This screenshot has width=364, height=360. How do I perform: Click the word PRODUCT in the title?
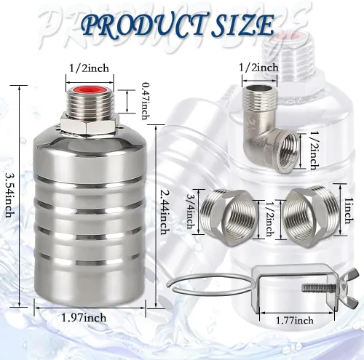(x=145, y=25)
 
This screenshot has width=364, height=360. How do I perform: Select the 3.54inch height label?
(x=10, y=195)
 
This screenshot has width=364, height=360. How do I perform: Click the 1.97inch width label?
(x=84, y=318)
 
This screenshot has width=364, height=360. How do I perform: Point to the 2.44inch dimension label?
(x=165, y=212)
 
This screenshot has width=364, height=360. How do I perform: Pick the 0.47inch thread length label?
(x=146, y=101)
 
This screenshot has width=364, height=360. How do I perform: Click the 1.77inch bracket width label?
(x=294, y=321)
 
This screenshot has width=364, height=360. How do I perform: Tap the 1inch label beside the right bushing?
(x=349, y=211)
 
